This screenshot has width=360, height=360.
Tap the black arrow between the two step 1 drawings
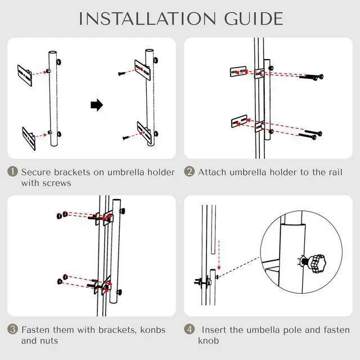pos(96,105)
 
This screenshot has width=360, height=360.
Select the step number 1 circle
pos(12,172)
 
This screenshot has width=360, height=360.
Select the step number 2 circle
pos(190,172)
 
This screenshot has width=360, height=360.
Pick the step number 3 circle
pos(12,330)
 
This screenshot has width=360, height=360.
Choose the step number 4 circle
pos(190,330)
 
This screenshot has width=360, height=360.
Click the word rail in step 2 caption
pos(335,172)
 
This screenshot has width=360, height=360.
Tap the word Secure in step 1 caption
pos(36,172)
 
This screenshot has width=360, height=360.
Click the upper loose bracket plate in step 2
pos(238,71)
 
